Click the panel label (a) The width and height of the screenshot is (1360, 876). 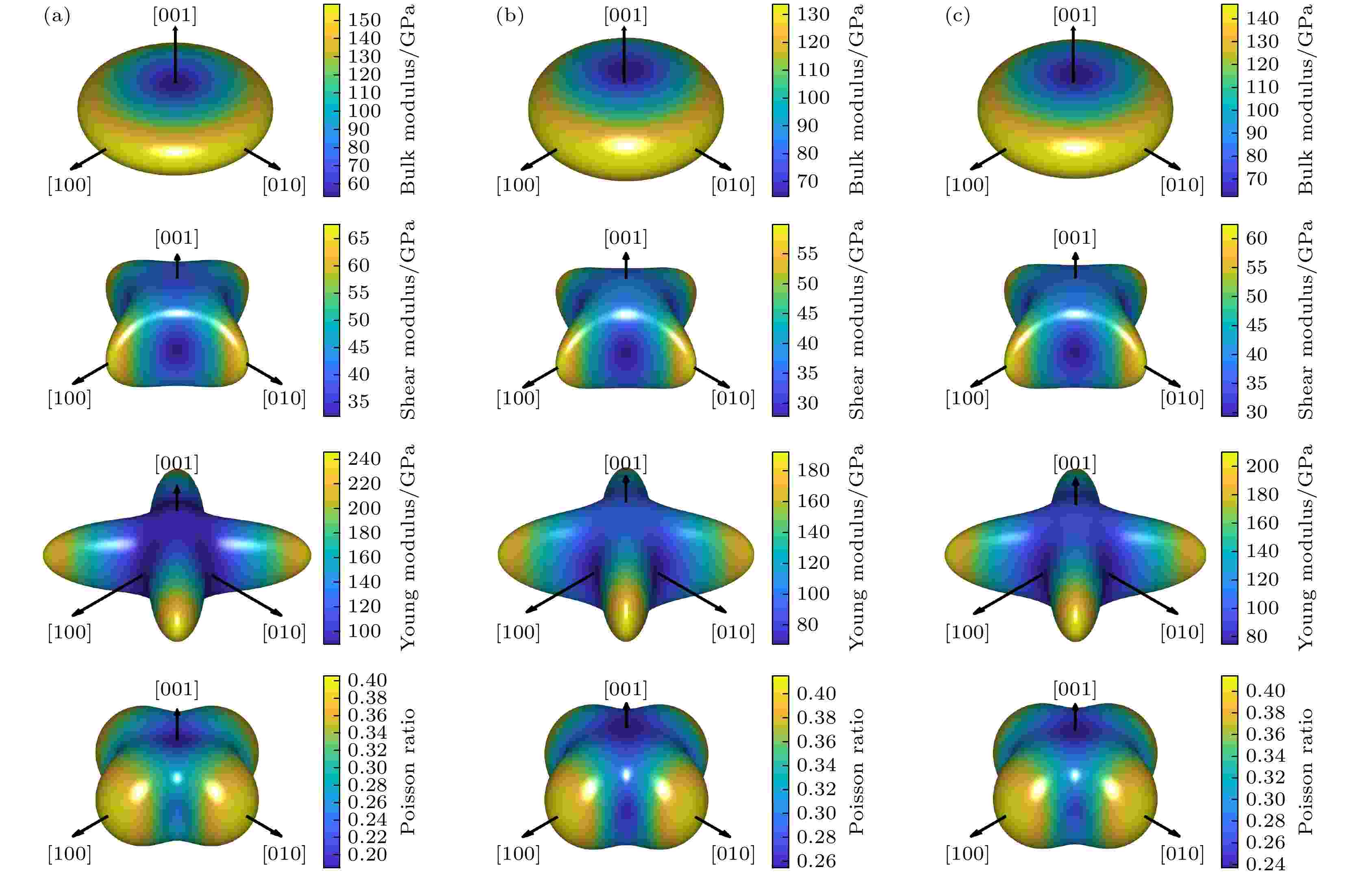pos(57,17)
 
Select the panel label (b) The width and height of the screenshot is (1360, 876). pos(509,17)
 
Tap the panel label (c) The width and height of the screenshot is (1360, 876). pos(958,17)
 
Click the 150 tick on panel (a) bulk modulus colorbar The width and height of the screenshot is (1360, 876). pos(364,20)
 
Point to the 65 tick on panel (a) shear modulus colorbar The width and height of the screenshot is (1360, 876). pos(358,238)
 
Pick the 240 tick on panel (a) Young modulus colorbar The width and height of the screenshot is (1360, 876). pos(364,458)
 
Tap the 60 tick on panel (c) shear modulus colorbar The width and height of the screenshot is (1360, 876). pos(1256,238)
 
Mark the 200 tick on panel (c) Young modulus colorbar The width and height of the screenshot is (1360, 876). pos(1262,466)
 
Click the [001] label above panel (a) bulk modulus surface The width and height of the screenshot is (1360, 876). pos(175,16)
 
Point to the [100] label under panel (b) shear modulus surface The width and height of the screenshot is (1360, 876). pos(518,398)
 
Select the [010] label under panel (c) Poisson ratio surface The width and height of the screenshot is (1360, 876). pos(1182,853)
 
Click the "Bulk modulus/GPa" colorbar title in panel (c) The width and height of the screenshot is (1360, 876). pos(1306,100)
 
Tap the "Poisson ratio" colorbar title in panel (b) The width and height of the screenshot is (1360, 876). pos(856,771)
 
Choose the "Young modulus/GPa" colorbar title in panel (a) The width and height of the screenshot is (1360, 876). pos(407,546)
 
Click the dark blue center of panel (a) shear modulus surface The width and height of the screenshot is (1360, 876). pos(178,349)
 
